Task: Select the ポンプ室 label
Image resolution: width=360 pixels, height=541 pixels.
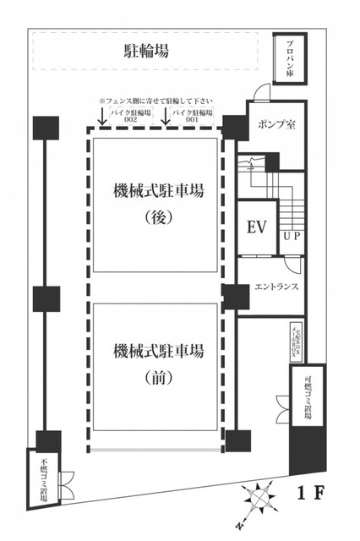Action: tap(276, 124)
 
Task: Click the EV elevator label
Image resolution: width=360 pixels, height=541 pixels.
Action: tap(256, 227)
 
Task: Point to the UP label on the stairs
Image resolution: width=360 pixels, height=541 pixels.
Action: tap(292, 236)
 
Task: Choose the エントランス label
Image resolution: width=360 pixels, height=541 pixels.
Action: tap(275, 286)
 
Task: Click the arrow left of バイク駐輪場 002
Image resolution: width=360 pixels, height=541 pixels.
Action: tap(101, 117)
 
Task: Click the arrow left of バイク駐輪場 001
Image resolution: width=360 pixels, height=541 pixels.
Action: tap(166, 117)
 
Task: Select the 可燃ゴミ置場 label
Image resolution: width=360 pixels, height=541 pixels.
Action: tap(307, 394)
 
